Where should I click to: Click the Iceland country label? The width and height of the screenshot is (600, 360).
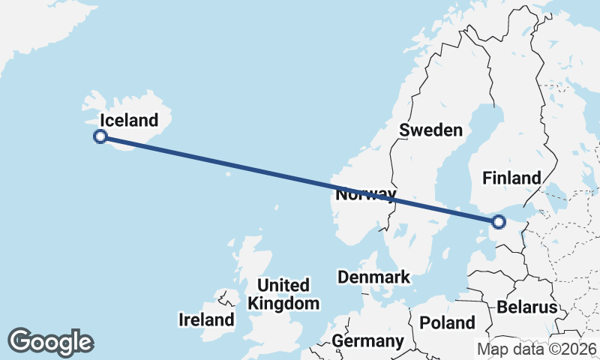pos(129,120)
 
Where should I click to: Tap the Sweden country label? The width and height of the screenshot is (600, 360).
pos(430,130)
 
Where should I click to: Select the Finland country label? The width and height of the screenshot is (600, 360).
pos(511,178)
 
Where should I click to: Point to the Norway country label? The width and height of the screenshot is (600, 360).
pos(366,195)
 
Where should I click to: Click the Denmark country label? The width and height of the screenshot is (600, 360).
pos(373,277)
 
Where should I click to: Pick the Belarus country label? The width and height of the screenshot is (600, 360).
pos(526,307)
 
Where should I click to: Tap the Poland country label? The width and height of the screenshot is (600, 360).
pos(448,323)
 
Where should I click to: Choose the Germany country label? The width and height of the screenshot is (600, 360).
pos(367,341)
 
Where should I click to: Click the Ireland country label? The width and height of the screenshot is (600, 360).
pos(206,320)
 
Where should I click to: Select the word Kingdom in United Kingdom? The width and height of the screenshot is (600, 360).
pos(283,304)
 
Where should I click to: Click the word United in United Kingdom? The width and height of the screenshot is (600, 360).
pos(283,286)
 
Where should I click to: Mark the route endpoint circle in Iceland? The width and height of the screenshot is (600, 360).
pos(100,136)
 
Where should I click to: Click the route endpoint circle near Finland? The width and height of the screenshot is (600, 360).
pos(498,221)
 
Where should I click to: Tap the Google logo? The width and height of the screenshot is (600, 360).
pos(50,342)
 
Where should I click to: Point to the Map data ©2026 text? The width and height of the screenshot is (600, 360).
pos(537,349)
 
